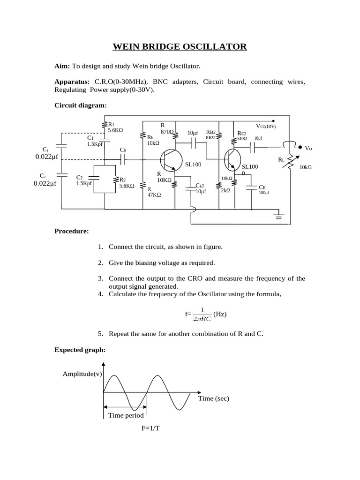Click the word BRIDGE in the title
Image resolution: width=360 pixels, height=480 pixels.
coord(167,46)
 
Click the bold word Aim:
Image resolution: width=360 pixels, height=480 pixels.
coord(62,66)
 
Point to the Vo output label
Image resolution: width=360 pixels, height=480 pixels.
coord(308,148)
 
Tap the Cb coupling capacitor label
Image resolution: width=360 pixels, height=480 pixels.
coord(123,150)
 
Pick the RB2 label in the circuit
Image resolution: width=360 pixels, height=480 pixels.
coord(210,132)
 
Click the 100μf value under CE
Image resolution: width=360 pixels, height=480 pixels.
coord(264,192)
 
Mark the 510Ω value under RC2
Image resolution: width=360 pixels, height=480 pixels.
coord(241,139)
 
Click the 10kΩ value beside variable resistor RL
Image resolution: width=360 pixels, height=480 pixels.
coord(305,167)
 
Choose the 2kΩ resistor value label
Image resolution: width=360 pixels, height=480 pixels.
coord(225,191)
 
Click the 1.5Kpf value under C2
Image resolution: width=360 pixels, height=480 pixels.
coord(84,184)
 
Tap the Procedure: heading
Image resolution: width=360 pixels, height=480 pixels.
coord(71,232)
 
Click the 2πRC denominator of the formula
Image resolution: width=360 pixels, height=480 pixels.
coord(202,319)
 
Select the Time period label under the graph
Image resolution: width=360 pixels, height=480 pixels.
coord(126,415)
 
